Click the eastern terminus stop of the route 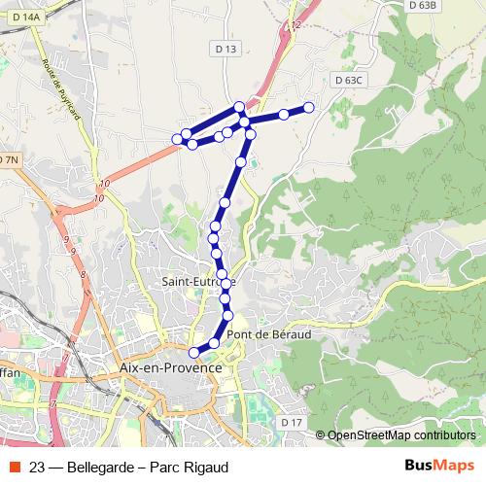pos(309,107)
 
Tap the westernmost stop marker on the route pos(178,140)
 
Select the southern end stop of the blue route pos(193,352)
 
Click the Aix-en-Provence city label pos(169,368)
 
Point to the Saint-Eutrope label pos(198,282)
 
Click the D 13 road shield pos(226,49)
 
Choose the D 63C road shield pos(346,80)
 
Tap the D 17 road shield pos(293,422)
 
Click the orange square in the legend pos(12,465)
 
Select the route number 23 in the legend pos(38,465)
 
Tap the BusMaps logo pos(438,464)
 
